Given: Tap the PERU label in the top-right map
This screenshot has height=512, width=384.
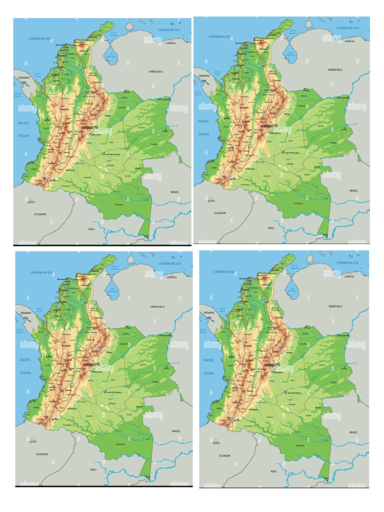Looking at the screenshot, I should (271, 227).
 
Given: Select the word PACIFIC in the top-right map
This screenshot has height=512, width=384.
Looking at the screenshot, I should (203, 121).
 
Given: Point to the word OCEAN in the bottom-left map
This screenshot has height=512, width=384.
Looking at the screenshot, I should (25, 372).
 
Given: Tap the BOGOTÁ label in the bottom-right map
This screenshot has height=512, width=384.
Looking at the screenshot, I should (271, 365).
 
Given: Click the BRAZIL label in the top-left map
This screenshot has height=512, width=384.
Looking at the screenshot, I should (175, 192).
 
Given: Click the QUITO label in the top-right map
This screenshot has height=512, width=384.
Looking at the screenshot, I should (211, 201).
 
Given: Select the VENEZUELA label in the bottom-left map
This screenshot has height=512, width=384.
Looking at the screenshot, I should (157, 306).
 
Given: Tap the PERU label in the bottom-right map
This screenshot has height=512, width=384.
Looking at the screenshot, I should (273, 471).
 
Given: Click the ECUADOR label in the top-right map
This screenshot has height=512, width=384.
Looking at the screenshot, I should (220, 213).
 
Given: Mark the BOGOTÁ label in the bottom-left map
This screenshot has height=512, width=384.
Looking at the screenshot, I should (92, 364).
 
